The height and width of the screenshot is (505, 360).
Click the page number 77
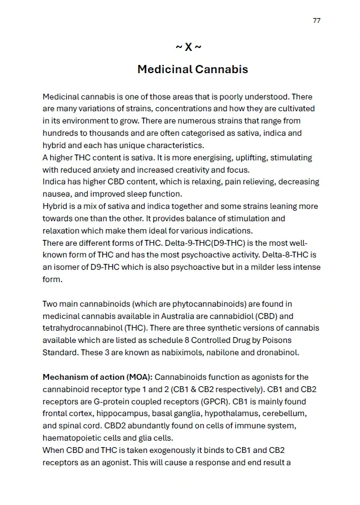click(317, 20)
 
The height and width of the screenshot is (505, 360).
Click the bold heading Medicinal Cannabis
click(193, 70)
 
